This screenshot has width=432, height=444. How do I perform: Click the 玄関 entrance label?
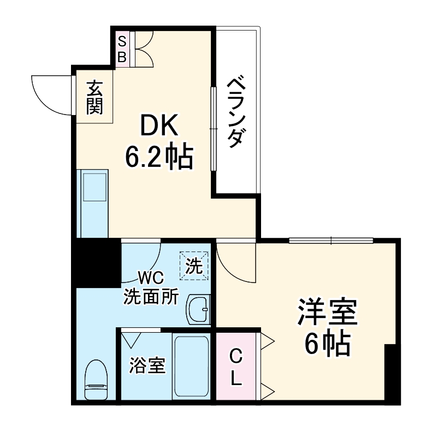coord(94,97)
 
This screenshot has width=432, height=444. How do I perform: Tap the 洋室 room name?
coord(327,313)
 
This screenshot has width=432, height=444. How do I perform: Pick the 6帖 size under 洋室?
coord(327,343)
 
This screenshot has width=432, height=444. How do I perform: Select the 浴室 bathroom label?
coord(147,365)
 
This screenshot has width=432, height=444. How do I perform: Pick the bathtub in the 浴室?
coord(191,366)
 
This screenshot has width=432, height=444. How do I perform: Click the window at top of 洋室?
coord(331,240)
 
